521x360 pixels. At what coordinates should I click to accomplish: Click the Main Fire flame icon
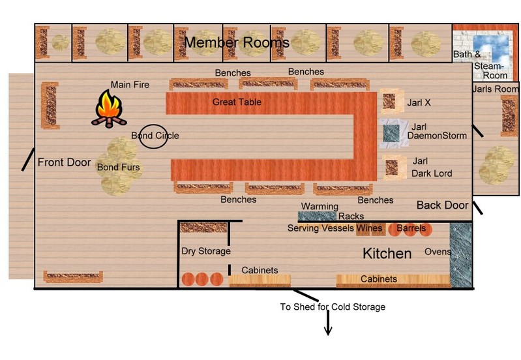(x=109, y=108)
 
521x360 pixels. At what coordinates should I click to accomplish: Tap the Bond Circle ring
(x=140, y=136)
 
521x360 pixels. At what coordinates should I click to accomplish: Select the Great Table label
(x=237, y=102)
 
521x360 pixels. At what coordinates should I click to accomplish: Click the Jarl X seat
(x=389, y=101)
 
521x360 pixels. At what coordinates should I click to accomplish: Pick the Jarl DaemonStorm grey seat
(x=391, y=134)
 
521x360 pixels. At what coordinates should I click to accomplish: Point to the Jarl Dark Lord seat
(x=392, y=168)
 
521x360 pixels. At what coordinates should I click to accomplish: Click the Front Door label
(x=64, y=162)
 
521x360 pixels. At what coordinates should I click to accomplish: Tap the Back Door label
(x=442, y=205)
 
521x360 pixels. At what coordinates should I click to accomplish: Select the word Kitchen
(x=387, y=254)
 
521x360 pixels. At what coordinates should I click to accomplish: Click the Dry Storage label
(x=206, y=251)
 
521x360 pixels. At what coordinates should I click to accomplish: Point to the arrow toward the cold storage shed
(x=328, y=322)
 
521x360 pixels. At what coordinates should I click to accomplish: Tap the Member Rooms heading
(x=237, y=42)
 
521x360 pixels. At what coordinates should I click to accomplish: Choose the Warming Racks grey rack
(x=317, y=216)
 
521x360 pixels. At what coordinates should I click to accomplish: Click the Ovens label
(x=438, y=252)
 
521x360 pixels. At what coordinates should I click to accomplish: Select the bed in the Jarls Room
(x=509, y=115)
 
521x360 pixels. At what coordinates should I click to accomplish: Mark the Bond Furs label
(x=118, y=167)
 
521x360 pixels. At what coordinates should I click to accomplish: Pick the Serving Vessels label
(x=321, y=228)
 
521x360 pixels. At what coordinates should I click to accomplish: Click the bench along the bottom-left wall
(x=73, y=277)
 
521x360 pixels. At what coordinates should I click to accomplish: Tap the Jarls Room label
(x=496, y=89)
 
